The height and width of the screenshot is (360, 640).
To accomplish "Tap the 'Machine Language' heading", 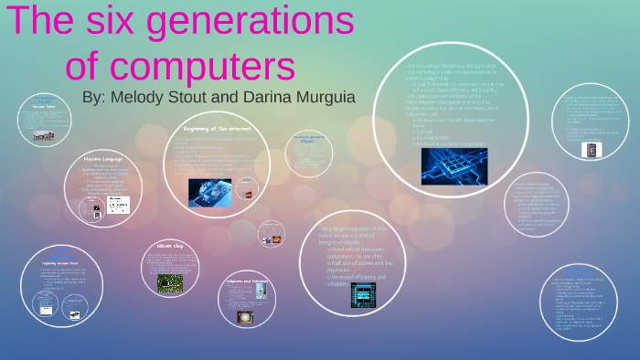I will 102,158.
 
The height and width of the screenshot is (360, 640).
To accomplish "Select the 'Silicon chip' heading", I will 162,246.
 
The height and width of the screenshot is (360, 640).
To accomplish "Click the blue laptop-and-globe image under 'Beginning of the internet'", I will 209,191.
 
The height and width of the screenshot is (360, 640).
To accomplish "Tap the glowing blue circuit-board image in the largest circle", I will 453,165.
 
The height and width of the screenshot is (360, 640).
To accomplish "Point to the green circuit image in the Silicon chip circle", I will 169,283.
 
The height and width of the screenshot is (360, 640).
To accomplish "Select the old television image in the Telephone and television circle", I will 244,317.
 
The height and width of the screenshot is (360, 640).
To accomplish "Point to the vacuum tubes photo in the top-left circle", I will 44,135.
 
